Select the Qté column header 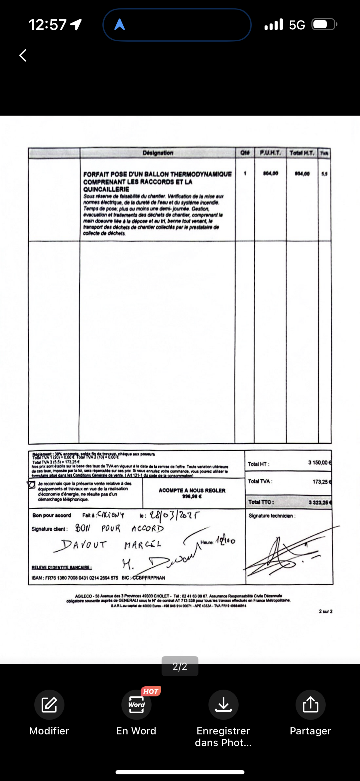[x=245, y=153]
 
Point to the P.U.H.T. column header [x=270, y=153]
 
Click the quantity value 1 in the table [x=245, y=173]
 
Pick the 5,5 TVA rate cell [x=324, y=174]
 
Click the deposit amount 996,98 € [x=192, y=496]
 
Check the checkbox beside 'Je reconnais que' [x=31, y=484]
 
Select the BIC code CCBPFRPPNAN [x=149, y=578]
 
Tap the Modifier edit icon [x=49, y=705]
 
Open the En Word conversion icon [x=136, y=705]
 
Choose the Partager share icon [x=310, y=705]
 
